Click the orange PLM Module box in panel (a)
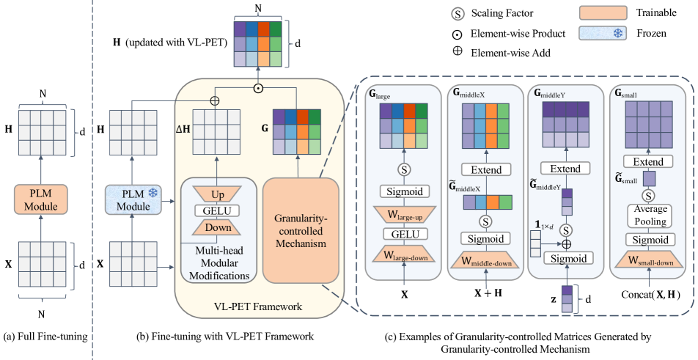41,199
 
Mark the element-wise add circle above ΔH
215,100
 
